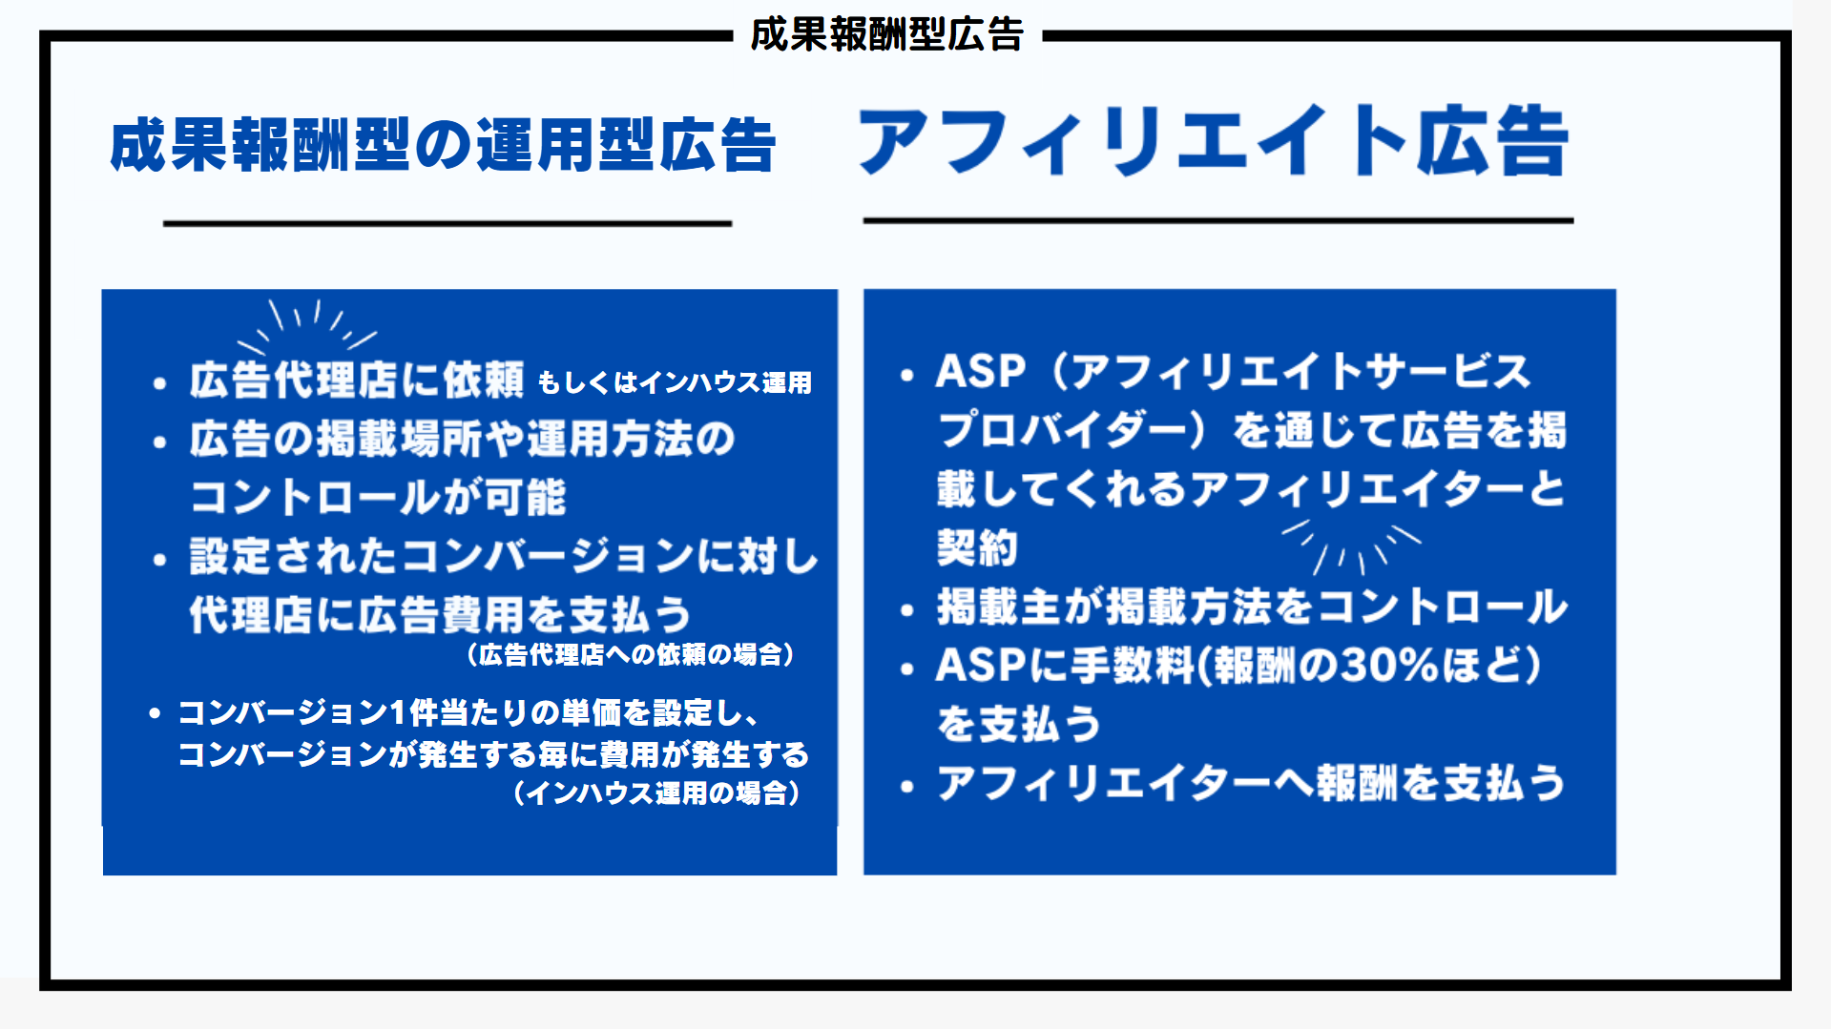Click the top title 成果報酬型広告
tap(886, 34)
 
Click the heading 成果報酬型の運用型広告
tap(443, 145)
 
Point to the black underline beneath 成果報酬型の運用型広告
tap(447, 223)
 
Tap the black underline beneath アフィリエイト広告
tap(1217, 220)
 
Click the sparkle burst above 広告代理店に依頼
tap(307, 327)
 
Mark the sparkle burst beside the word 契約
tap(1350, 547)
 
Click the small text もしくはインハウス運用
tap(675, 382)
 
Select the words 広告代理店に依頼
tap(356, 379)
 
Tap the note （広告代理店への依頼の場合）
tap(630, 654)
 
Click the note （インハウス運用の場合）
tap(656, 792)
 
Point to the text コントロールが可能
tap(378, 497)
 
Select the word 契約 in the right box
tap(977, 547)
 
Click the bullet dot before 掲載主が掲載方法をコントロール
tap(907, 610)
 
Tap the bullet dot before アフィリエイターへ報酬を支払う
tap(907, 787)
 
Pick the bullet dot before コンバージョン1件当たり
tap(155, 713)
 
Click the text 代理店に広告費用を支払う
tap(440, 614)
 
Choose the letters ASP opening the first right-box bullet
tap(981, 371)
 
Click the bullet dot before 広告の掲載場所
tap(159, 442)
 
